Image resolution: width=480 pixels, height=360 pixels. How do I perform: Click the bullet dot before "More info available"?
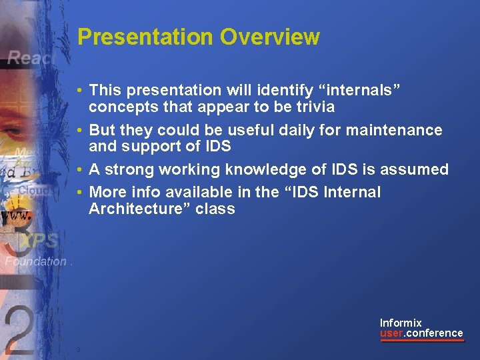[79, 193]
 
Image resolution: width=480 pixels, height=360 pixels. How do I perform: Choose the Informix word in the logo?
[401, 323]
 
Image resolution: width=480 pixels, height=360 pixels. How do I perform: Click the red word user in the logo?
[391, 333]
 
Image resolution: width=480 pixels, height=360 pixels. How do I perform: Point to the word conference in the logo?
[434, 333]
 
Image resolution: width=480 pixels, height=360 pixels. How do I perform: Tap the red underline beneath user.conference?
[421, 341]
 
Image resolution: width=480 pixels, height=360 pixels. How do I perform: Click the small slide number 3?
[78, 350]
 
